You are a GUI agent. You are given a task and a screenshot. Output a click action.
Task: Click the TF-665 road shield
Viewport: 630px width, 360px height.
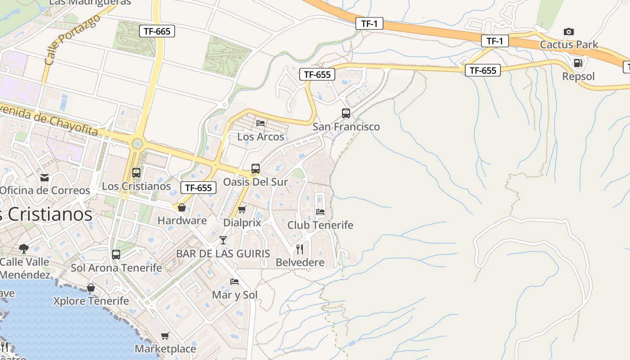point(157,31)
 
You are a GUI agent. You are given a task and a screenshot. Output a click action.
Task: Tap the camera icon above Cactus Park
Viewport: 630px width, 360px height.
point(569,31)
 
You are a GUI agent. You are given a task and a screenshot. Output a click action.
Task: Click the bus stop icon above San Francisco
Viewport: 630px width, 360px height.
point(346,113)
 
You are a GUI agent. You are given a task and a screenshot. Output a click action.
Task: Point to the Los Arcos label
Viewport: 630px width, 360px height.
point(261,137)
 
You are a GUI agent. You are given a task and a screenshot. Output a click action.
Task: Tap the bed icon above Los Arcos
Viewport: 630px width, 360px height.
point(261,123)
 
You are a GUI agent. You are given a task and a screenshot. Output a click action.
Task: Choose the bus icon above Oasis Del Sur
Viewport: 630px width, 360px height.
point(256,169)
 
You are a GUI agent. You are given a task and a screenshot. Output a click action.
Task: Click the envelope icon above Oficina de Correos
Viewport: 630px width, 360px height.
point(45,178)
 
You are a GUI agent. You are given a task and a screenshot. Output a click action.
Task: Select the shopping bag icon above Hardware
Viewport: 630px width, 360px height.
point(182,207)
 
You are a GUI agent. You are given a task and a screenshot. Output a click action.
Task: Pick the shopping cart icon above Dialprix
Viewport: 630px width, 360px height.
point(242,209)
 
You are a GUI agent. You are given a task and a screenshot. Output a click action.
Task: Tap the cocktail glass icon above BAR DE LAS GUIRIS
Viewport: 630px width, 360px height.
point(223,240)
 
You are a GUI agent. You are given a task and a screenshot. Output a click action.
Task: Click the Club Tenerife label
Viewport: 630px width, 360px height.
point(320,225)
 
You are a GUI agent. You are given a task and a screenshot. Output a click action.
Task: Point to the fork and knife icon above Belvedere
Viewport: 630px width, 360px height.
point(300,249)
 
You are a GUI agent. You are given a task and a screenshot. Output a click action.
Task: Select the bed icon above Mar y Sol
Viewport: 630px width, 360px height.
point(234,282)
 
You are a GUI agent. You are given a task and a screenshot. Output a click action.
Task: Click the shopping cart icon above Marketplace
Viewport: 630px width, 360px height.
point(165,336)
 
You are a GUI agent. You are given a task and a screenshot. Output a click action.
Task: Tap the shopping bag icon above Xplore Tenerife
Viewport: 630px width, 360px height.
point(91,288)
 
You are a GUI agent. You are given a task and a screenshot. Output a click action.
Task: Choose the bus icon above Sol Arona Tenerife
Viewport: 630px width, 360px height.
point(116,254)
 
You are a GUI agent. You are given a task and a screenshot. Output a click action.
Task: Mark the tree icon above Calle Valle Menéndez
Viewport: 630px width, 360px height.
point(24,248)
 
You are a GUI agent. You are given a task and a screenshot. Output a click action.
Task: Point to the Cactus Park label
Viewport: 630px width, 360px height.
point(569,45)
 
